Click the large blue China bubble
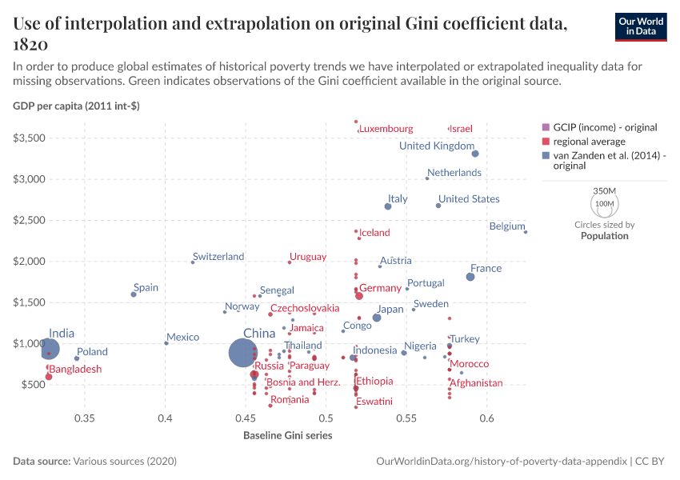tap(243, 353)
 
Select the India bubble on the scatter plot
tap(50, 349)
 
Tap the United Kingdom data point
tap(475, 154)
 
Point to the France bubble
tap(470, 277)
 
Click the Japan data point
tap(377, 318)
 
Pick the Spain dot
tap(134, 294)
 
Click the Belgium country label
tap(507, 226)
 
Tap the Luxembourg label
tap(386, 129)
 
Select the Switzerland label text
tap(218, 257)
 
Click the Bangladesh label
tap(75, 369)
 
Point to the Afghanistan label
tap(476, 383)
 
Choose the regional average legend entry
tap(584, 142)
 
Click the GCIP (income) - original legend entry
tap(600, 127)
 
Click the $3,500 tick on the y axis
tap(29, 138)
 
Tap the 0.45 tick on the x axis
tap(246, 418)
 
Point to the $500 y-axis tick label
tap(34, 385)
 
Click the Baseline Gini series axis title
tap(287, 435)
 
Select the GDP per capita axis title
tap(76, 106)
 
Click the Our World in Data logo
tap(641, 27)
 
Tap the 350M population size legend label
tap(605, 190)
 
